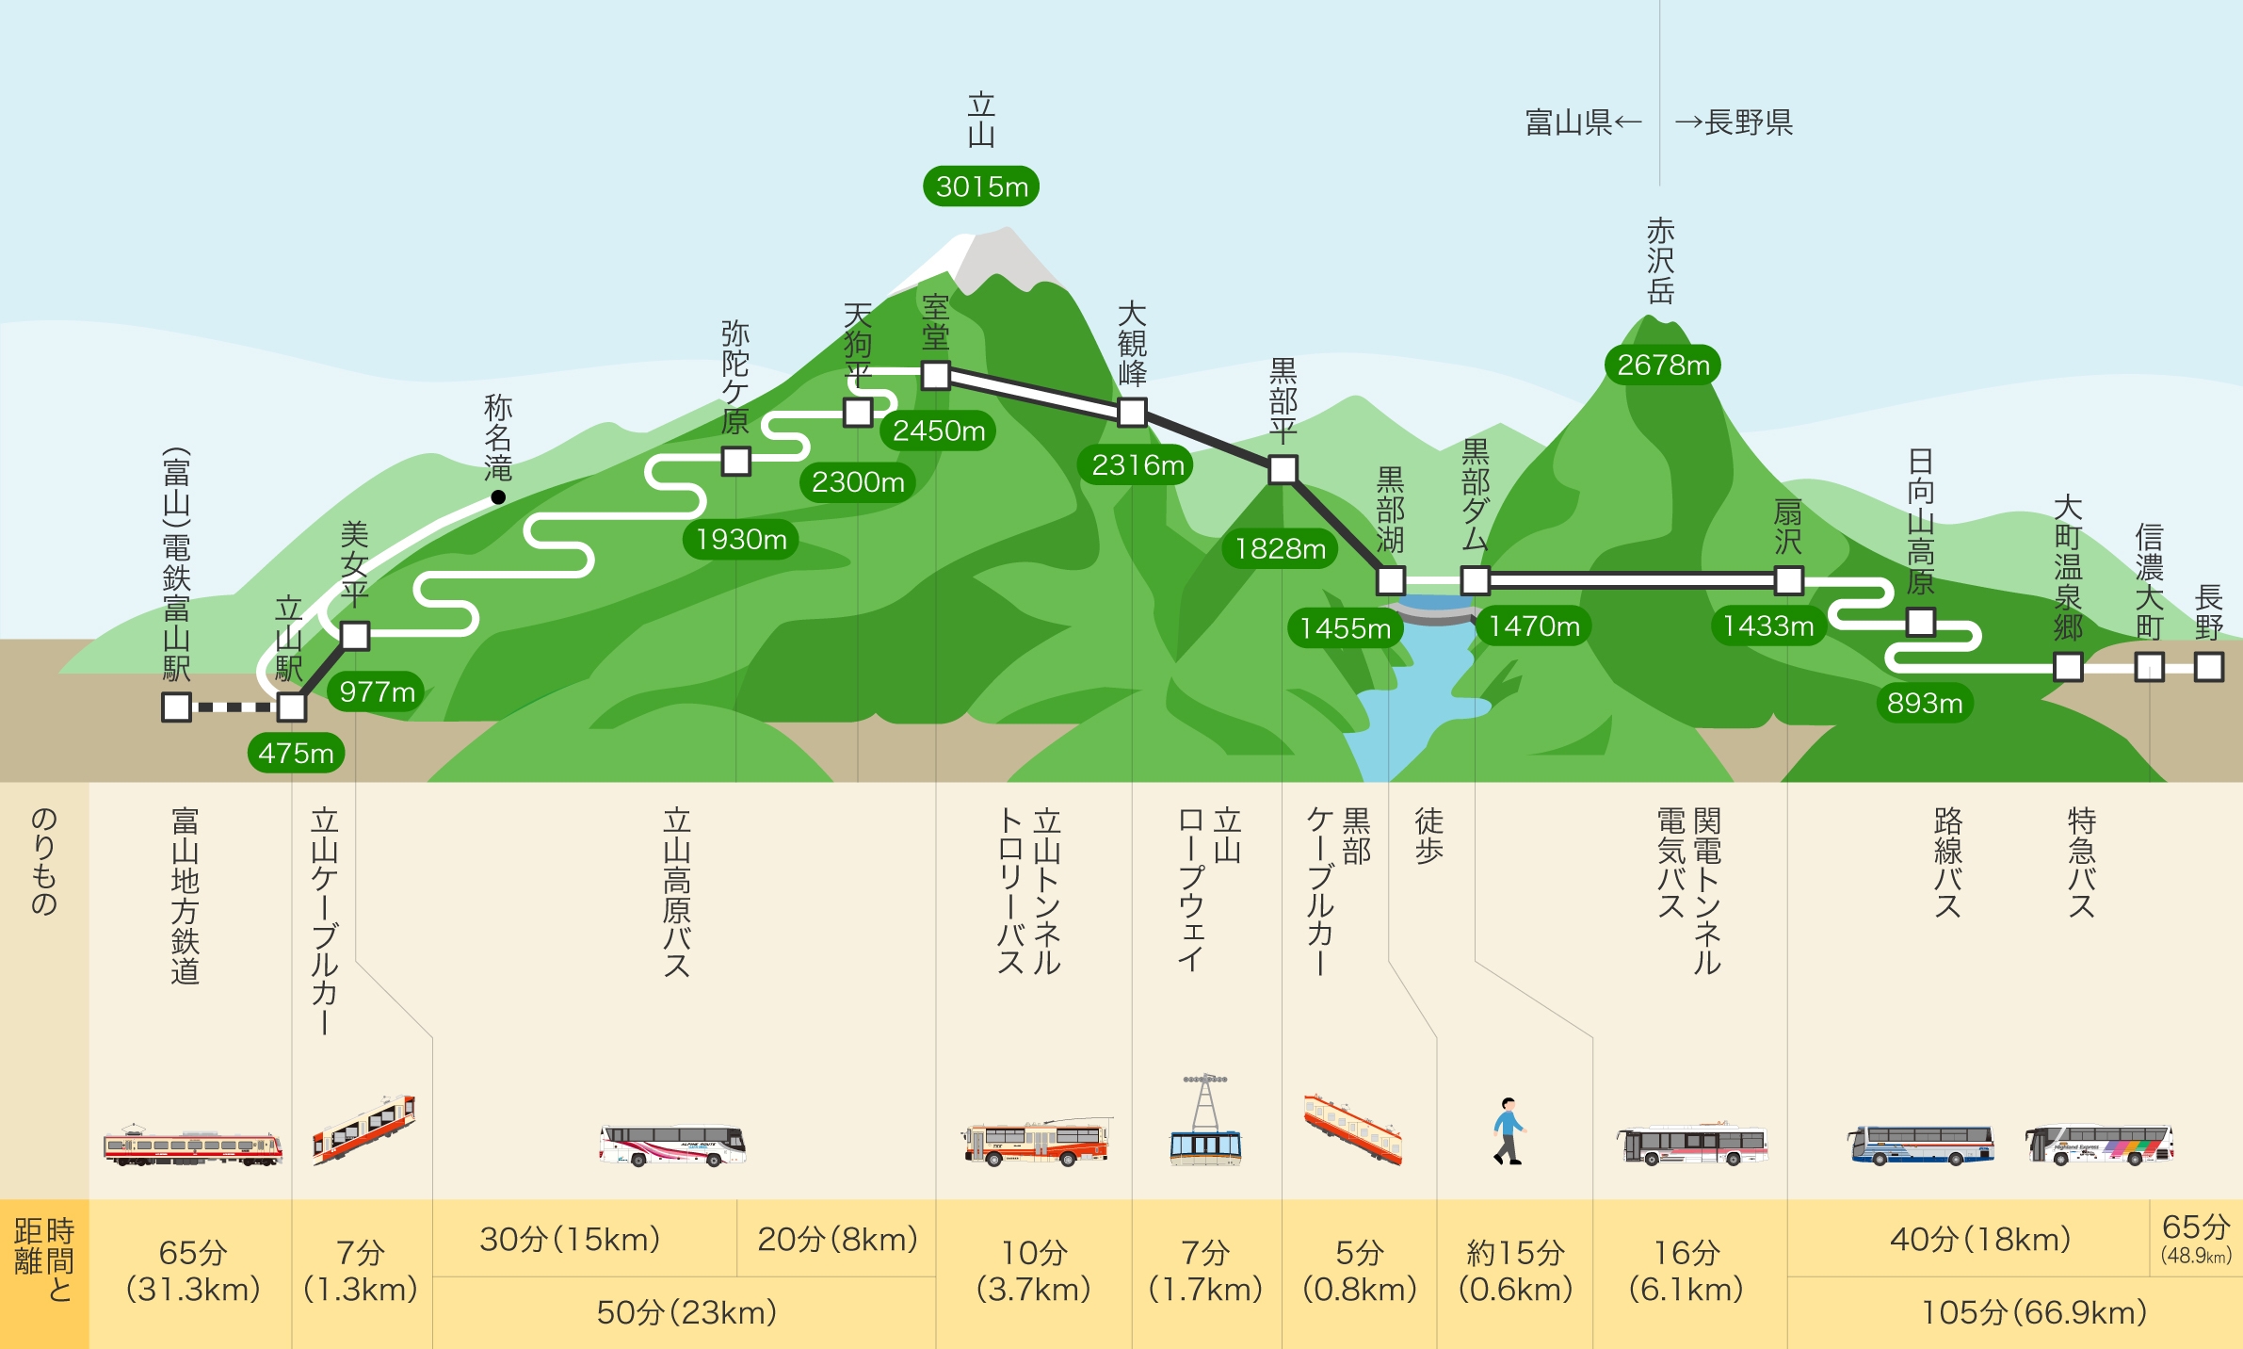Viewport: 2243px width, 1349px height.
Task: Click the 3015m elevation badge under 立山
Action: [x=981, y=187]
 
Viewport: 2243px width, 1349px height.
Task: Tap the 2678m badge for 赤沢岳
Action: [x=1663, y=365]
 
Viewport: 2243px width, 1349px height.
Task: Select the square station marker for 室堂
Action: [x=935, y=375]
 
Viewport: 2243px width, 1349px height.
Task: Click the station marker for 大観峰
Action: [x=1132, y=412]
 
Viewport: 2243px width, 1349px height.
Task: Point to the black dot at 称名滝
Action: [x=498, y=497]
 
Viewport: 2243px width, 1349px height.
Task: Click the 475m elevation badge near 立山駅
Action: [x=296, y=753]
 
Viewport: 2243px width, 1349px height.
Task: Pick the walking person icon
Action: [x=1509, y=1130]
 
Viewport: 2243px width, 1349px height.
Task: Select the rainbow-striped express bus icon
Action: [x=2100, y=1146]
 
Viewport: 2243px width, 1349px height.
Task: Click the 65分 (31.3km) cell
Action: [x=193, y=1271]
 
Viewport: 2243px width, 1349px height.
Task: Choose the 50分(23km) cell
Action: [x=686, y=1312]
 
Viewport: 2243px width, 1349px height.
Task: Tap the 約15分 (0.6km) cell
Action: [x=1515, y=1271]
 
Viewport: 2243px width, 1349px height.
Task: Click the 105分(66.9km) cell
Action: [x=2034, y=1312]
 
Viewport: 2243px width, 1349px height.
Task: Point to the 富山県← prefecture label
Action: [x=1583, y=122]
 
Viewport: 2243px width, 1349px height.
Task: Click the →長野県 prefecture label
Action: [x=1734, y=122]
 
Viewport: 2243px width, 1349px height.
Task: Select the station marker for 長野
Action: [x=2209, y=667]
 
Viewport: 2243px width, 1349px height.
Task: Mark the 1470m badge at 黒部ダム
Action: [x=1534, y=626]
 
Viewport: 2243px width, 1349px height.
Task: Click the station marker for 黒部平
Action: [x=1283, y=469]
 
